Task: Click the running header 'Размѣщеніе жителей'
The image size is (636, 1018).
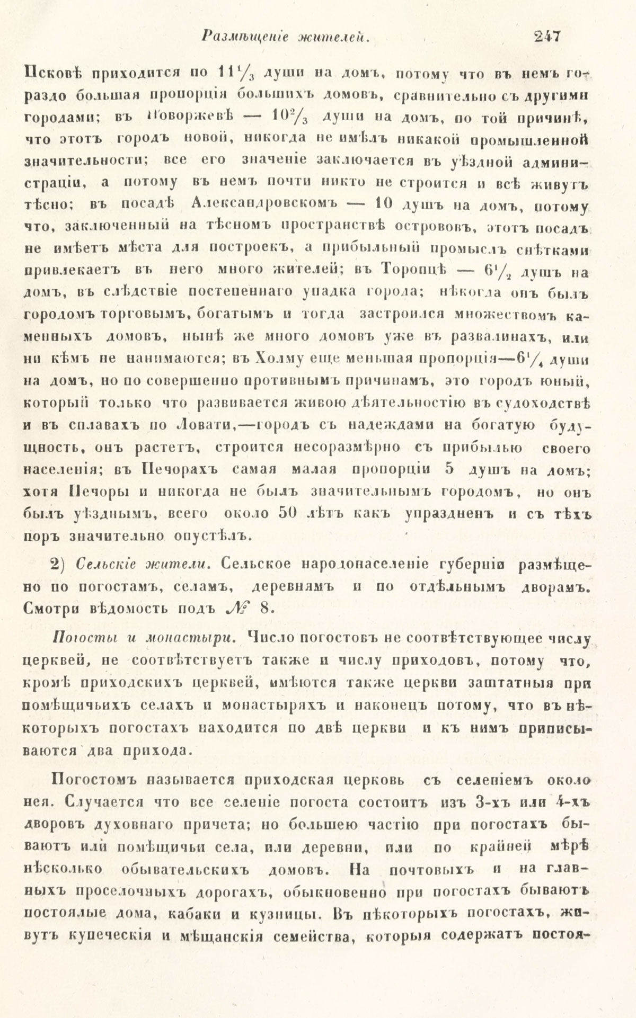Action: click(286, 36)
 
